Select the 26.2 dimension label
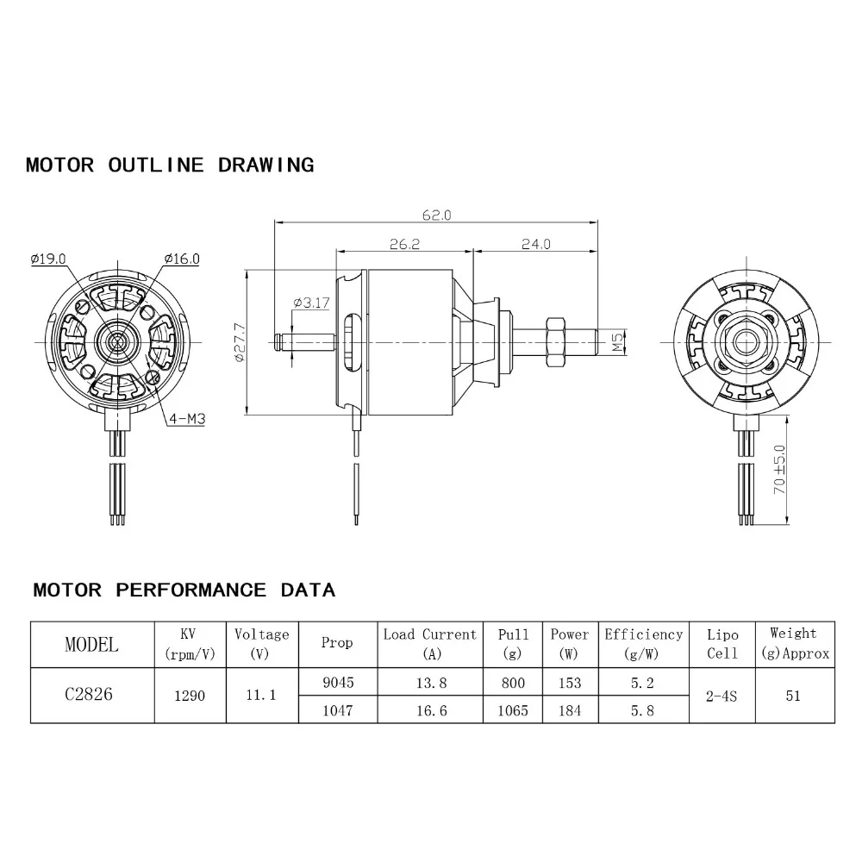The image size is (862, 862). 403,245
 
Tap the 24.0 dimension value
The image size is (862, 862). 534,245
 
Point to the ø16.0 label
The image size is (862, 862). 181,258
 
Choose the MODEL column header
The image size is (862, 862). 92,645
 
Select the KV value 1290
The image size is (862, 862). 190,696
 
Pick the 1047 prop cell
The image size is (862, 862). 337,710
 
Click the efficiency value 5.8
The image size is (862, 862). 643,710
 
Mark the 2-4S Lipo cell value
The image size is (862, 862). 722,696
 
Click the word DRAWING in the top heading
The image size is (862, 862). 265,165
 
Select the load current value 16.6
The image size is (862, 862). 429,710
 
